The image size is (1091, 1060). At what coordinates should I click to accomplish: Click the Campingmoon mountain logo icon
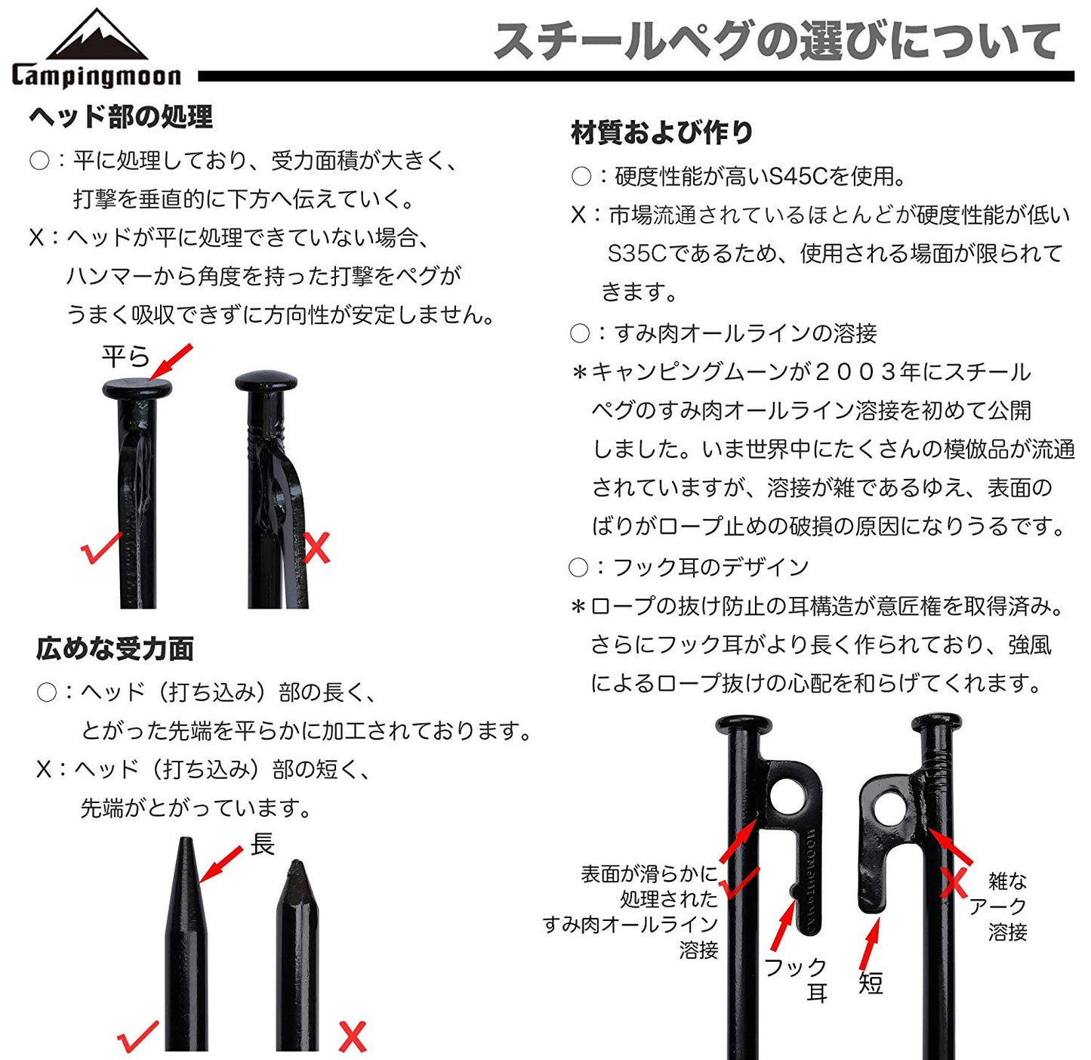[x=97, y=35]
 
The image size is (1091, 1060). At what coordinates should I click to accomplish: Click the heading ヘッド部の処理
[x=121, y=117]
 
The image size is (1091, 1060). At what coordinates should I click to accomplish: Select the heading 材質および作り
[x=662, y=132]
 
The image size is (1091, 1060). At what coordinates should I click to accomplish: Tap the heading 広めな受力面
[x=115, y=649]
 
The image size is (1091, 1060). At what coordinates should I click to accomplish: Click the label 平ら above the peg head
[x=125, y=357]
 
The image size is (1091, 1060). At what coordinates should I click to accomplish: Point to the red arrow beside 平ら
[x=171, y=362]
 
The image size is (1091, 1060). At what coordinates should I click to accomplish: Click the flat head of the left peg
[x=137, y=389]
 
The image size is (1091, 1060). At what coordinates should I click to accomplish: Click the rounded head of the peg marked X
[x=266, y=380]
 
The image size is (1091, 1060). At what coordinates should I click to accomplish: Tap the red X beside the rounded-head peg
[x=316, y=548]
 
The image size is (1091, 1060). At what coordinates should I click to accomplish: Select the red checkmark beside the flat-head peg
[x=100, y=548]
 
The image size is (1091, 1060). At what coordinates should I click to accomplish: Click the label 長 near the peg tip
[x=262, y=845]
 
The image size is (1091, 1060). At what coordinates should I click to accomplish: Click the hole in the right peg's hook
[x=889, y=810]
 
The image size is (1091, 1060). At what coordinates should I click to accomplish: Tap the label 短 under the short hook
[x=871, y=983]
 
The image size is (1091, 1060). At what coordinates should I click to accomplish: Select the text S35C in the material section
[x=636, y=253]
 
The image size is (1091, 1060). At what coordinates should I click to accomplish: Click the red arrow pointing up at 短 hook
[x=870, y=944]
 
